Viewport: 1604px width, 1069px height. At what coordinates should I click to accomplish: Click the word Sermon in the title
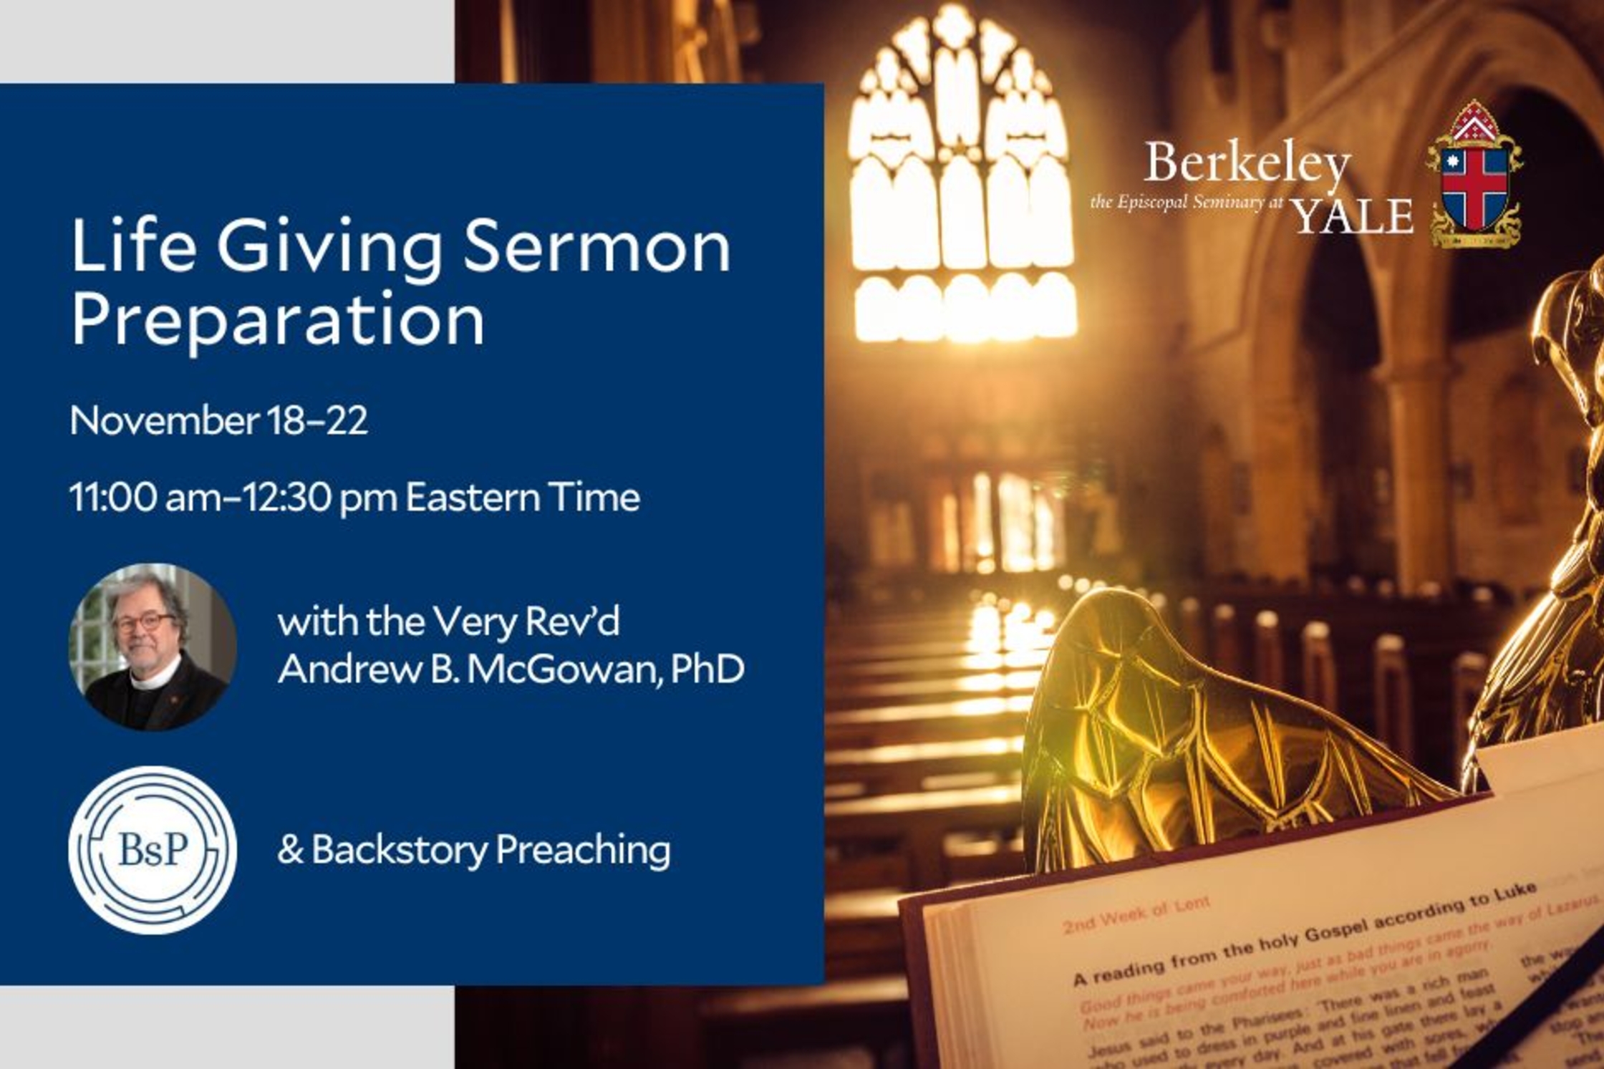(597, 246)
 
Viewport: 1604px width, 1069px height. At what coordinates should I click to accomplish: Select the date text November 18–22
(219, 420)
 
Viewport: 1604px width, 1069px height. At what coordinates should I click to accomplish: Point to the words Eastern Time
(523, 497)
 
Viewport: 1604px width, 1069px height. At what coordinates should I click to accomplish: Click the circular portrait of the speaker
(153, 647)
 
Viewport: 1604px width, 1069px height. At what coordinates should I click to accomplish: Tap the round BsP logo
(153, 849)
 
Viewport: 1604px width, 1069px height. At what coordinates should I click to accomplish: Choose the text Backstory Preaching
(491, 850)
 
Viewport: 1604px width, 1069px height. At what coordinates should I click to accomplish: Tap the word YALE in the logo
(1352, 216)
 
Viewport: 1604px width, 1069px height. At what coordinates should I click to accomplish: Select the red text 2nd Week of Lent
(1136, 916)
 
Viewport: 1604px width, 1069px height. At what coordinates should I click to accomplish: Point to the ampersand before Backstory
(290, 850)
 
